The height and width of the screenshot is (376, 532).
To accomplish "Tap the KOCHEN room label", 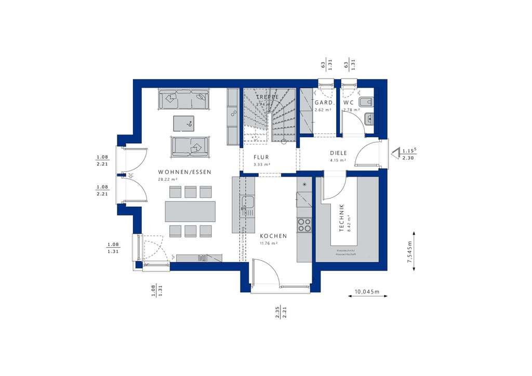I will [x=273, y=236].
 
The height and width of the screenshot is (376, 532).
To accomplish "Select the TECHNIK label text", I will [x=341, y=217].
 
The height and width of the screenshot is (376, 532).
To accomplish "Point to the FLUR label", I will [x=261, y=157].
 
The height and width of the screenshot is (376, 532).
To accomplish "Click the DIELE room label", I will [x=338, y=153].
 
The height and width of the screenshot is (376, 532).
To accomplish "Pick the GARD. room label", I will [x=324, y=103].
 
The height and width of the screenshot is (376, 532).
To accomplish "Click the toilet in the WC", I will [x=366, y=101].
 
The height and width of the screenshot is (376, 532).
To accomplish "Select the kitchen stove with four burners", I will [x=304, y=225].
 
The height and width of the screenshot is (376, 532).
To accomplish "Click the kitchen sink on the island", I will [x=247, y=206].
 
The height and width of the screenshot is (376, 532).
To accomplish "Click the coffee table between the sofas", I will [x=183, y=124].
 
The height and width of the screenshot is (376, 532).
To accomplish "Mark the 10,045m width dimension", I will [x=367, y=292].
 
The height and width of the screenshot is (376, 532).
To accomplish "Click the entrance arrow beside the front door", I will [x=395, y=153].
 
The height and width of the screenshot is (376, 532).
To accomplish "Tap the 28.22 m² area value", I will [x=168, y=179].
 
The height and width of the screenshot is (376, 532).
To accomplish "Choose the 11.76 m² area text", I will [x=269, y=243].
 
